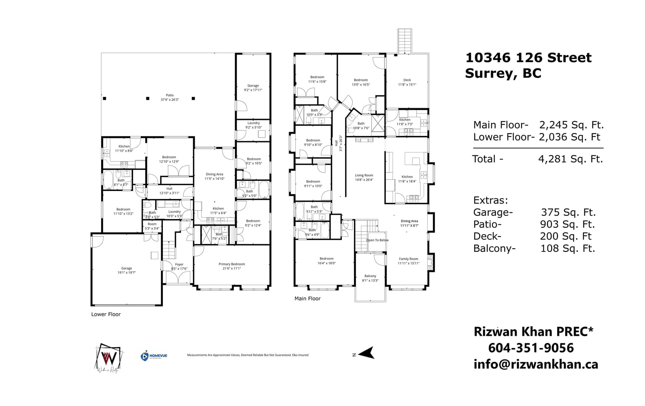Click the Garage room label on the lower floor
[x=127, y=268]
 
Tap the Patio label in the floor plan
[x=170, y=95]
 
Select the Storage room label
[x=253, y=86]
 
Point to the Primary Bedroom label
[x=232, y=264]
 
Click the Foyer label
[x=179, y=265]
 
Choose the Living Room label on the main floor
[x=364, y=176]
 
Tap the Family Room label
[x=409, y=259]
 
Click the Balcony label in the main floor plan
[x=370, y=276]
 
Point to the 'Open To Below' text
[x=377, y=240]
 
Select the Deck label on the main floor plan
[x=407, y=80]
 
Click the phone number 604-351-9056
[x=531, y=348]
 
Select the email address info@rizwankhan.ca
[x=536, y=364]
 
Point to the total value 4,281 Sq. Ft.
[x=570, y=159]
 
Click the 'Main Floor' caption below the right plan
[x=308, y=299]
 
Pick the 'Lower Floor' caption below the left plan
[x=106, y=314]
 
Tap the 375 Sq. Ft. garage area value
[x=568, y=212]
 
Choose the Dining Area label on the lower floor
[x=214, y=174]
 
